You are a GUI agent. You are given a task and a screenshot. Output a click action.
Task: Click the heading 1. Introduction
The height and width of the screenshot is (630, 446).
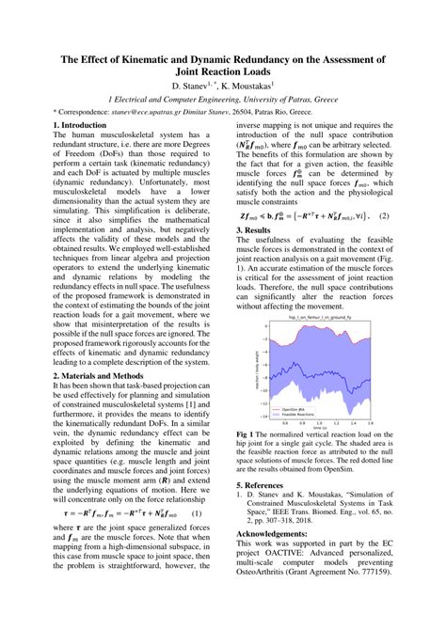tap(80, 124)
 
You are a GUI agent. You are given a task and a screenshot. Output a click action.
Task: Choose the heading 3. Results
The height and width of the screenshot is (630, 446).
tap(255, 229)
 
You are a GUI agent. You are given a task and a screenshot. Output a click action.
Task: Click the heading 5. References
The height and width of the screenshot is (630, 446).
tap(268, 485)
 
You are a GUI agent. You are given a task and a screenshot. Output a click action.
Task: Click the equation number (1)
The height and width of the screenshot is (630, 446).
tap(197, 514)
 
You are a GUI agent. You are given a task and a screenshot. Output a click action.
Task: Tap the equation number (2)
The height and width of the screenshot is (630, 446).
tap(384, 215)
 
